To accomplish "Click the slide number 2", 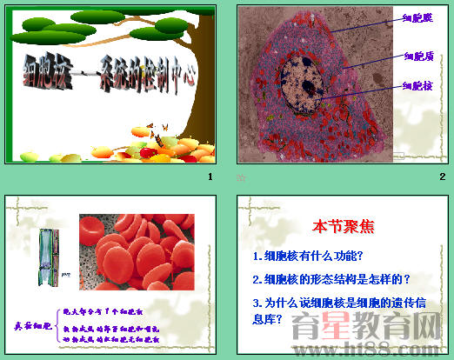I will coord(442,177).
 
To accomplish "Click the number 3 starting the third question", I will coord(255,303).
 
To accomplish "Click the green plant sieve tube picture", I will coord(50,257).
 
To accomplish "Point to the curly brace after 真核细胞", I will coord(57,325).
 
